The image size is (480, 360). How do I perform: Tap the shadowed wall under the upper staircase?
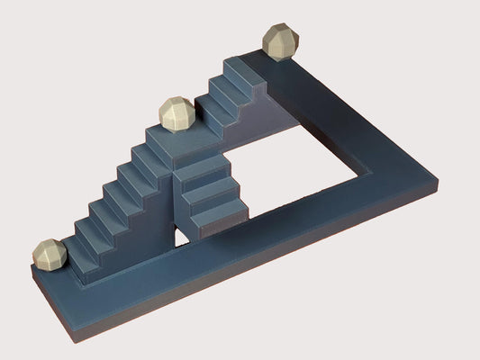pyautogui.click(x=270, y=117)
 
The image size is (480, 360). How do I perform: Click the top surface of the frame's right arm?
pyautogui.click(x=360, y=117)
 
